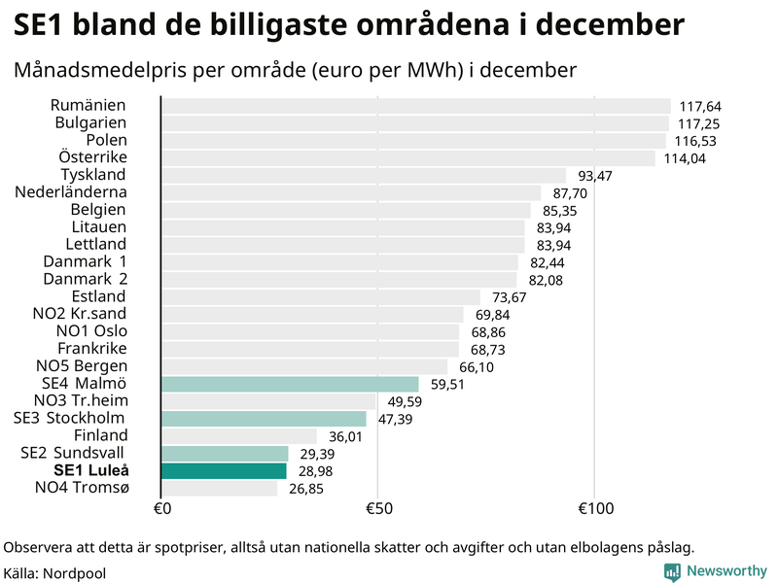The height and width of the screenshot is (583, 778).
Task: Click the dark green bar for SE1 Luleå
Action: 224,471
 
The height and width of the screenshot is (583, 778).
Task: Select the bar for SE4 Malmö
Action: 290,385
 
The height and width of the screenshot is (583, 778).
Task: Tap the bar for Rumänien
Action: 415,106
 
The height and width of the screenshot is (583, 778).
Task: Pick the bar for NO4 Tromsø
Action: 219,488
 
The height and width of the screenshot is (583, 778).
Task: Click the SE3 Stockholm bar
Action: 264,419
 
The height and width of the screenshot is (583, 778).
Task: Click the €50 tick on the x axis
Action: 377,509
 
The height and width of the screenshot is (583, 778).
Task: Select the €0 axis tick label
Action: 162,509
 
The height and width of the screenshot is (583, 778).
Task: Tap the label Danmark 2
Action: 85,279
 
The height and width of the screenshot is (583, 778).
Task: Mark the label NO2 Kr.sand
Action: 81,314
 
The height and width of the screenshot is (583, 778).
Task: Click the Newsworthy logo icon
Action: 673,571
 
